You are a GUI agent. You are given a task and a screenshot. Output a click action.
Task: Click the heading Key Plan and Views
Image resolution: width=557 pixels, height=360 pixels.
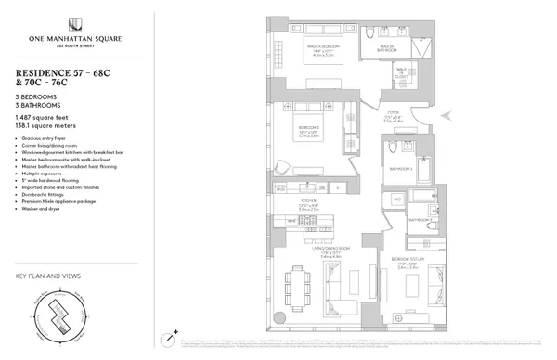(46, 276)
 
